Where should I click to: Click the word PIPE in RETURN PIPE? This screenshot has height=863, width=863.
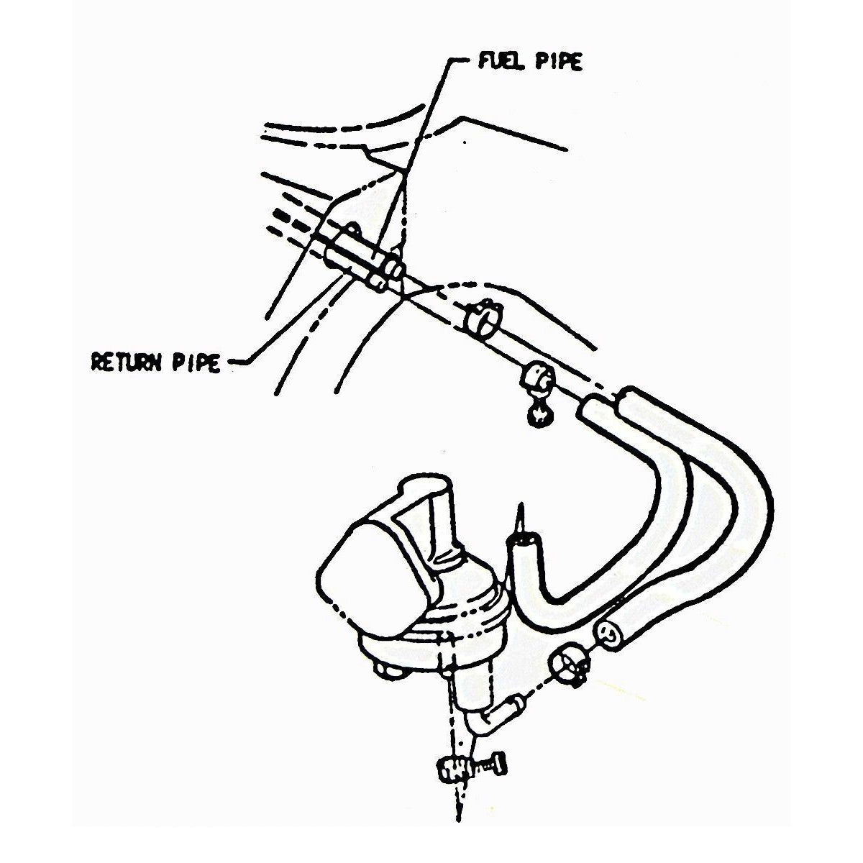click(196, 362)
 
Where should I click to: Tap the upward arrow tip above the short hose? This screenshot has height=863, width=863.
click(520, 503)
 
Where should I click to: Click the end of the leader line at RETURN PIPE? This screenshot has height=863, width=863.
click(229, 362)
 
